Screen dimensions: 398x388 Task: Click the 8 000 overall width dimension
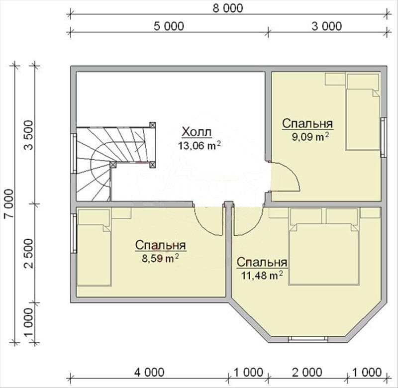coord(228,8)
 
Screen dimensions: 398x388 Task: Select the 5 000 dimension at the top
coord(169,26)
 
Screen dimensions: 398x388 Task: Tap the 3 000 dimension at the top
coord(327,26)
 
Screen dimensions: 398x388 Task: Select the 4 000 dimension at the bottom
coord(149,372)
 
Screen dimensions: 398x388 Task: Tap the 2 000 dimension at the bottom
coord(307,372)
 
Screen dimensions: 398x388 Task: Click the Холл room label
coord(197,132)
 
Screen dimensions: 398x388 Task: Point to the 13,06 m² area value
coord(199,146)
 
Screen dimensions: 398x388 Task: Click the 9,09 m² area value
coord(310,137)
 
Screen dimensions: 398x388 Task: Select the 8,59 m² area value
coord(160,259)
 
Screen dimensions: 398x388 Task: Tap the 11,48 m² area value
coord(262,275)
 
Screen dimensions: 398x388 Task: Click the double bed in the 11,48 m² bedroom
coord(324,254)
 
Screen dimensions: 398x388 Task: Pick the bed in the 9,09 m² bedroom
coord(363,119)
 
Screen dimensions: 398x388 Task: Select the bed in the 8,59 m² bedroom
coord(94,255)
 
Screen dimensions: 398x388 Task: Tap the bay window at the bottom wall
coord(308,339)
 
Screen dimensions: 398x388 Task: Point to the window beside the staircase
coord(74,153)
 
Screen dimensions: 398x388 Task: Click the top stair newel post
coord(152,125)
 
